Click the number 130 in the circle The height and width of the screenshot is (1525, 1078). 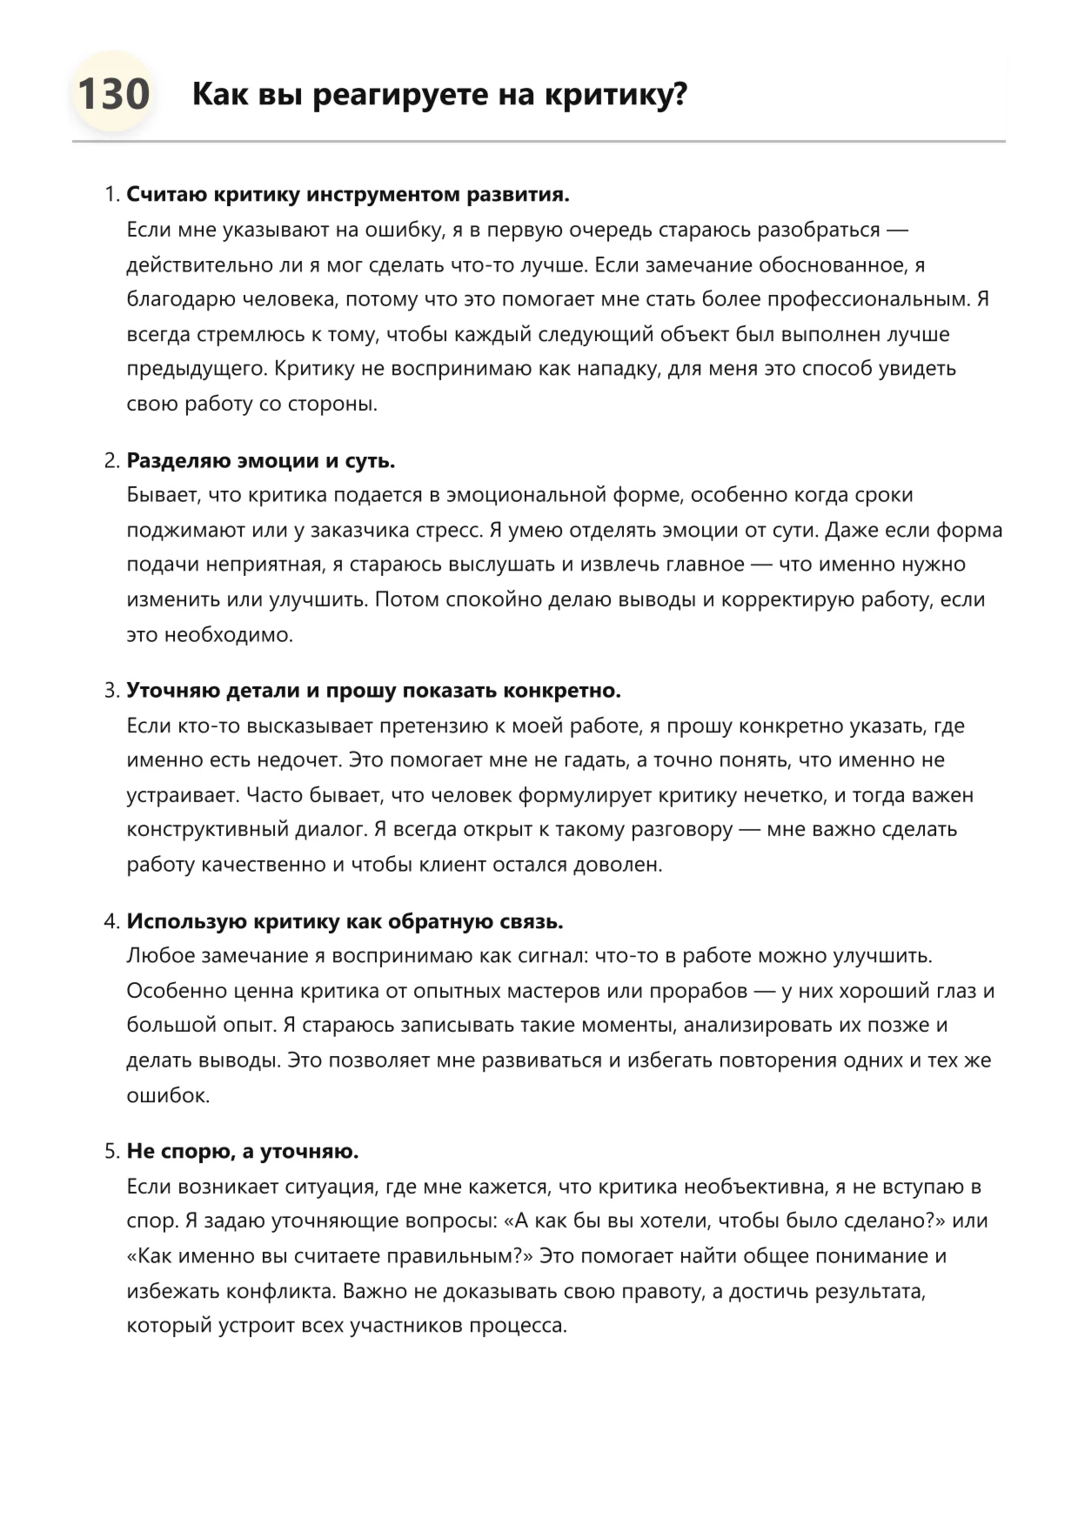(113, 94)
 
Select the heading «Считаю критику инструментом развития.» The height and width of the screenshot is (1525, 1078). (348, 194)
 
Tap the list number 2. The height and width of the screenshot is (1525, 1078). (110, 460)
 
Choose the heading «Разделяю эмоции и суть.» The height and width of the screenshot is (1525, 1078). (261, 460)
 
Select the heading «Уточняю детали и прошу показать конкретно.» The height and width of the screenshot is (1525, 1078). (373, 691)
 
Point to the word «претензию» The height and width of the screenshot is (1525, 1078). (437, 726)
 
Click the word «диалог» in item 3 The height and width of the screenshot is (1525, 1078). (331, 829)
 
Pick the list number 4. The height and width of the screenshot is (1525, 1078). (110, 921)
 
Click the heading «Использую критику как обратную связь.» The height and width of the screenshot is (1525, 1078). (345, 921)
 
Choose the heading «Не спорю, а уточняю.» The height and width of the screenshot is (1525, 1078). (243, 1152)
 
